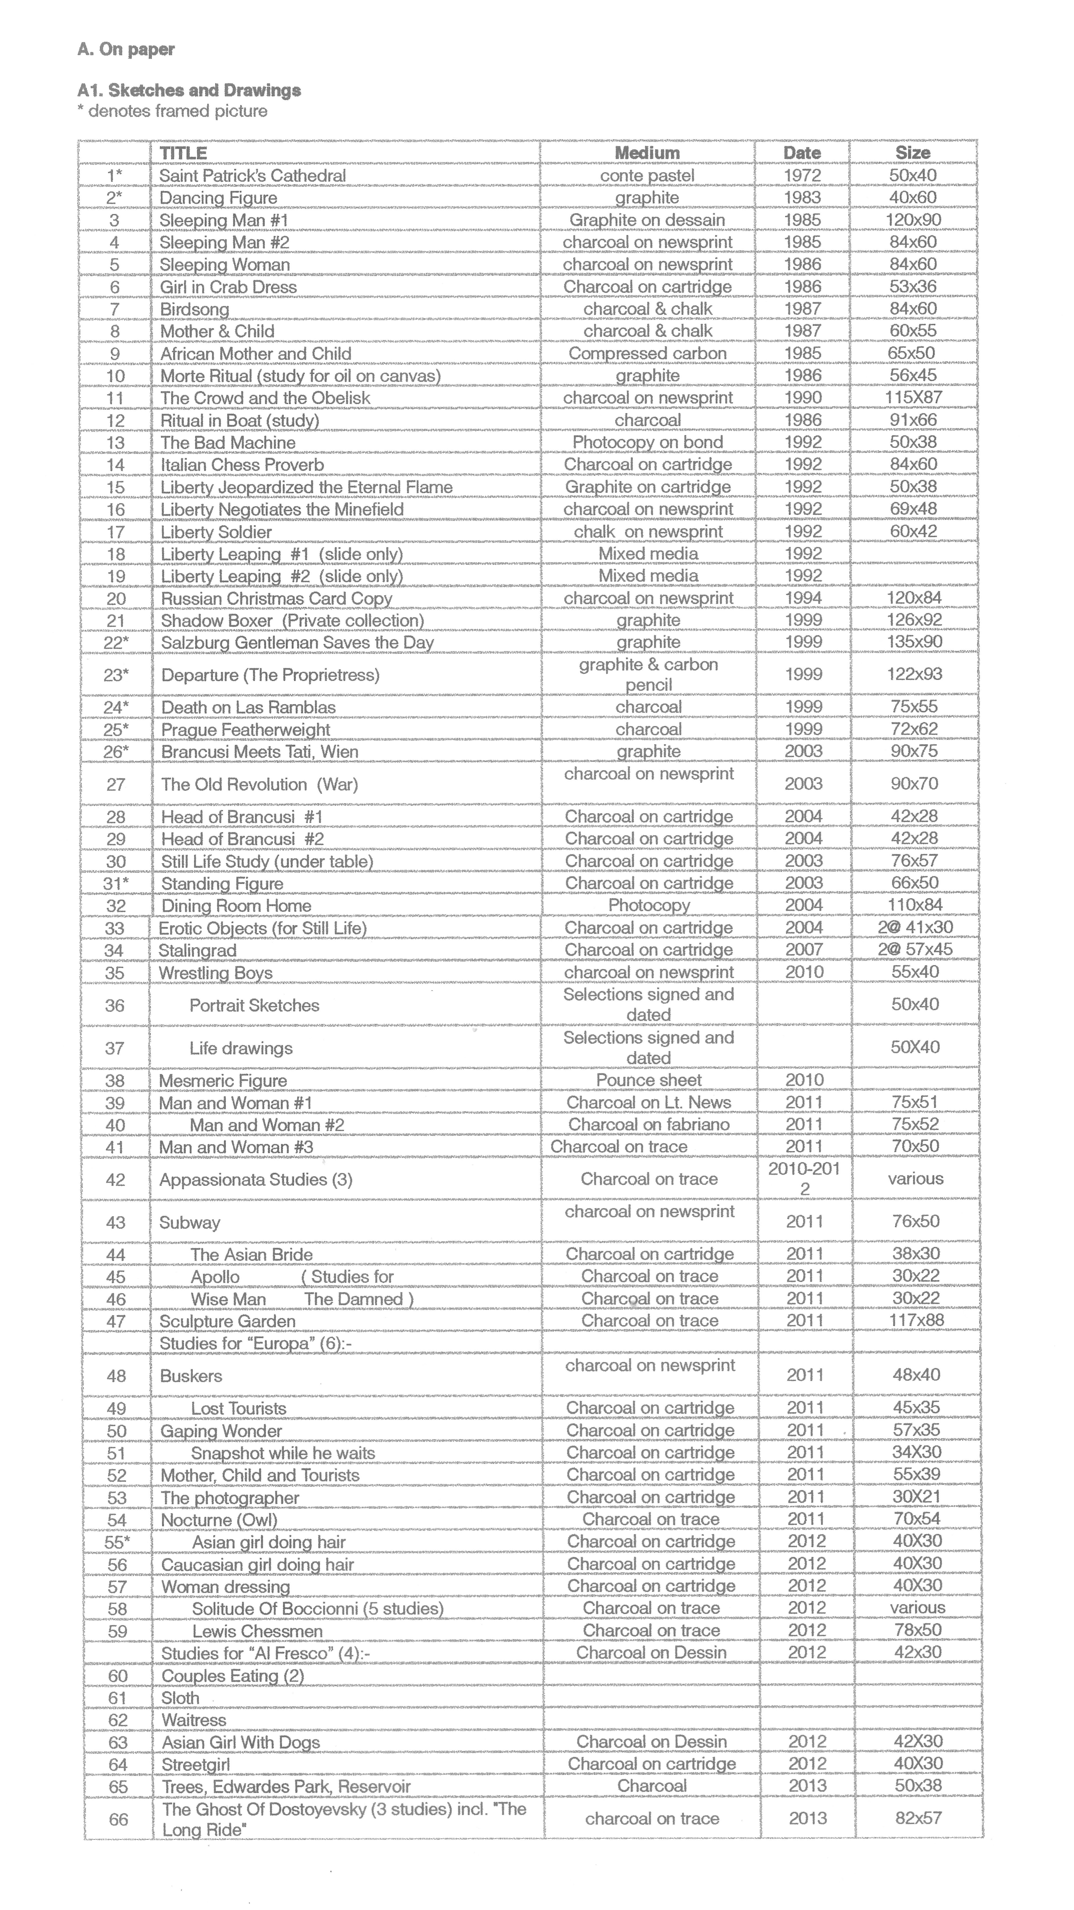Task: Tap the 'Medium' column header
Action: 647,153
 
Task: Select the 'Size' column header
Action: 912,153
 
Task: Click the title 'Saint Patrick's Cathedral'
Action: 252,176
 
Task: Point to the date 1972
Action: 803,176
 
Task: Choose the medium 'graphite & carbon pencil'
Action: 648,674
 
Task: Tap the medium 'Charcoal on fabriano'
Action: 649,1125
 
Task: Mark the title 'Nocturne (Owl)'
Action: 219,1520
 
